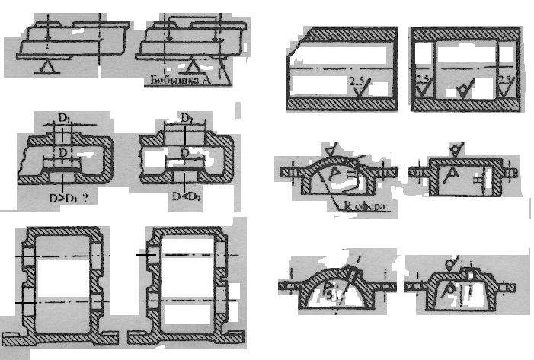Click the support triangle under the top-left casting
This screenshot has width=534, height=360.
(46, 67)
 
